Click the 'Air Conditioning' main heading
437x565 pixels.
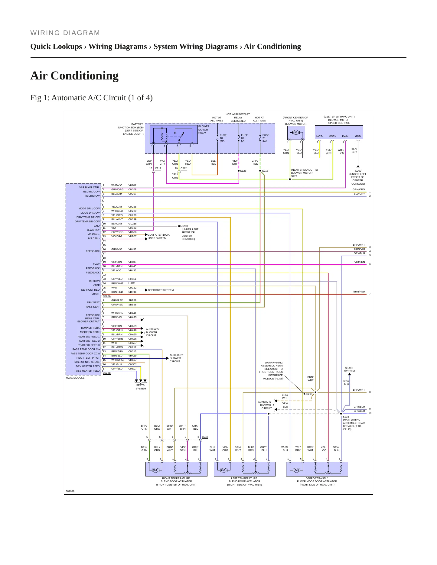coord(74,76)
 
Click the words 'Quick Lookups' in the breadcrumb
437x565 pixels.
coord(56,47)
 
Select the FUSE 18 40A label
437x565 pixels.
coord(223,138)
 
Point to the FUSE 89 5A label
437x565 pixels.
coord(244,138)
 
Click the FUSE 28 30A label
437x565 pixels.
coord(266,138)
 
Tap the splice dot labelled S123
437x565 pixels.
coord(239,171)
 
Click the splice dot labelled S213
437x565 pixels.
coord(260,171)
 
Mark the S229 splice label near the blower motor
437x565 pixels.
coord(294,176)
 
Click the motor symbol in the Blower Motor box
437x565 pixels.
coord(296,132)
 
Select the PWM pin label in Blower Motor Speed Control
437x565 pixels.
coord(345,136)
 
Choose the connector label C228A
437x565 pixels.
coord(107,296)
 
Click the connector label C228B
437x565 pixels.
coord(107,373)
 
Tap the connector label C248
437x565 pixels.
coord(205,437)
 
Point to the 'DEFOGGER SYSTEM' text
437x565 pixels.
coord(161,290)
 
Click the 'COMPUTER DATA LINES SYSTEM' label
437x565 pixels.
coord(158,237)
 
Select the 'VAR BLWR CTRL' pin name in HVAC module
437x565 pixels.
coord(89,187)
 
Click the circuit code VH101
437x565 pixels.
coord(132,185)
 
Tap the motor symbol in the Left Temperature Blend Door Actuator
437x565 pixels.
coord(224,470)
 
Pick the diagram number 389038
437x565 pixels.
coord(70,491)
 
